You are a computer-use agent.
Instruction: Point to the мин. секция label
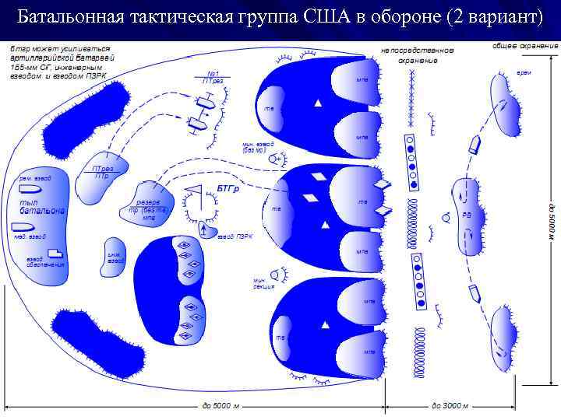pos(263,283)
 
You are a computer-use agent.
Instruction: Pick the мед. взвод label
pos(30,236)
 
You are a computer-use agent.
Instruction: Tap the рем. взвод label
pos(35,178)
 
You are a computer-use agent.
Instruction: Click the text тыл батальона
pos(43,207)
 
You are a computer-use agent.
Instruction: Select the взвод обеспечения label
pos(46,262)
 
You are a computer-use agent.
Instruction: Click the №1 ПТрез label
pos(212,77)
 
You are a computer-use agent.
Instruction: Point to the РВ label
pos(467,215)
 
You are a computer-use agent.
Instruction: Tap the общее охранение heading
pos(525,46)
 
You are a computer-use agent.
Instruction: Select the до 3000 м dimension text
pos(450,405)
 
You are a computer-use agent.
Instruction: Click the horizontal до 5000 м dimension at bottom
pos(221,405)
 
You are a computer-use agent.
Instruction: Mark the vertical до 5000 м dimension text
pos(549,225)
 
